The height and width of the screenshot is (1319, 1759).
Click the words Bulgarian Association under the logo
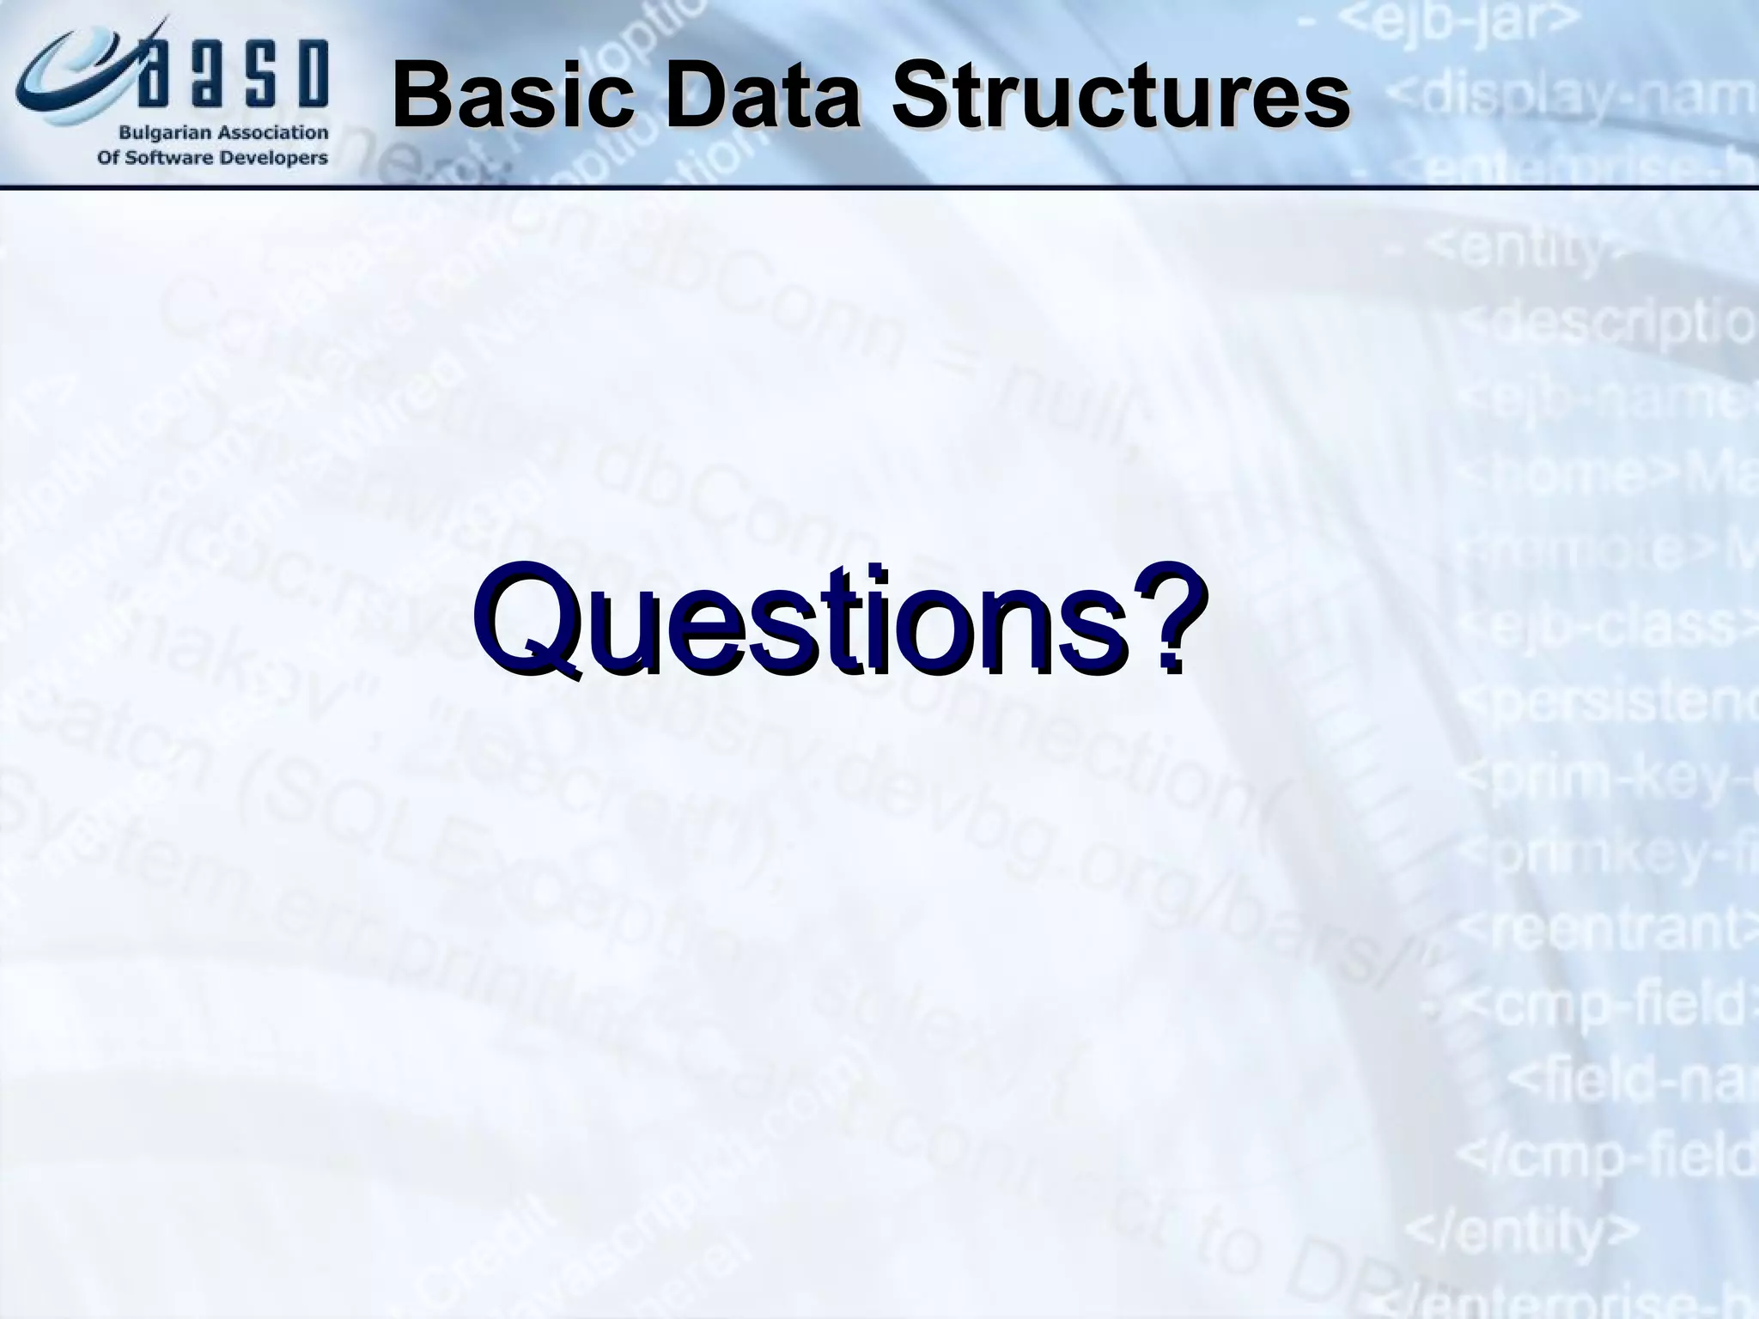click(223, 133)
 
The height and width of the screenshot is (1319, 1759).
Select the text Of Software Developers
click(212, 158)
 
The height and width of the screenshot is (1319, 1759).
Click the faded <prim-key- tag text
click(1606, 777)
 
